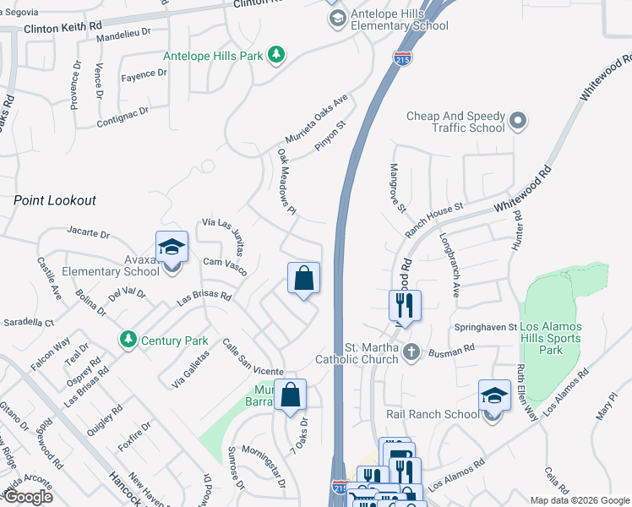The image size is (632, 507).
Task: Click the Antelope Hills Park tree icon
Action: point(275,56)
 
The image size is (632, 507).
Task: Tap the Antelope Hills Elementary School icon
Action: point(337,19)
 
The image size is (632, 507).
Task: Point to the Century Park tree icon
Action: point(128,340)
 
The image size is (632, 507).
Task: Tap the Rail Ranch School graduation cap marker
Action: point(494,395)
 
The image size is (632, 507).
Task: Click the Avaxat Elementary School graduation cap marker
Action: point(172,248)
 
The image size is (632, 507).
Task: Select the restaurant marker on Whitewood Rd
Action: point(406,305)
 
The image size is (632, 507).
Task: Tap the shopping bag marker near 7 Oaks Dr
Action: point(290,395)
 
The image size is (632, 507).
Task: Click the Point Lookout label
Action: point(55,200)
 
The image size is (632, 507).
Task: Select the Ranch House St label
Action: point(434,218)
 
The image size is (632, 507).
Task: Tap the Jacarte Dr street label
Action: point(88,232)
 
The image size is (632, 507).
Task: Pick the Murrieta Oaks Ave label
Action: point(316,119)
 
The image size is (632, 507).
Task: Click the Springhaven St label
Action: point(483,326)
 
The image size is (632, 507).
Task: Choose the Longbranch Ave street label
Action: point(449,271)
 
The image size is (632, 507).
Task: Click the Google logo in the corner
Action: point(28,497)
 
